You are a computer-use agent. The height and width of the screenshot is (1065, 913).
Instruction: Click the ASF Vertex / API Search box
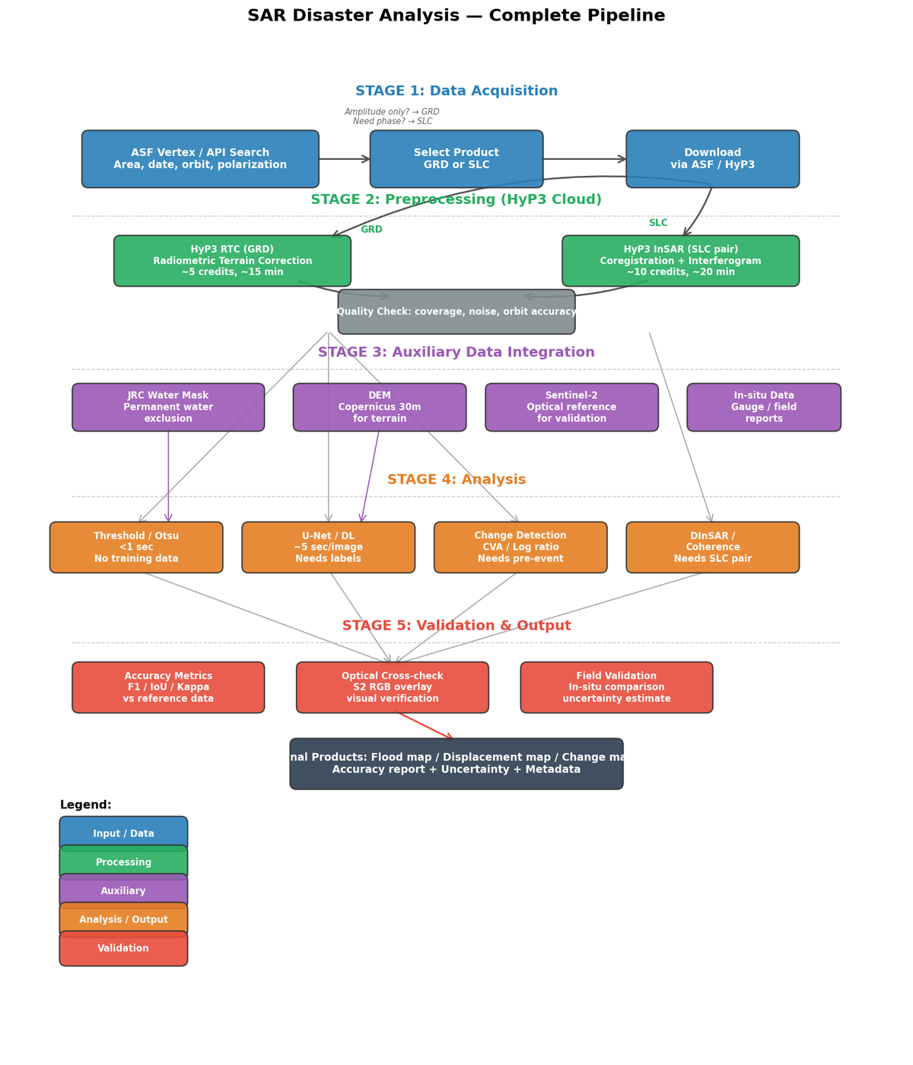(x=200, y=159)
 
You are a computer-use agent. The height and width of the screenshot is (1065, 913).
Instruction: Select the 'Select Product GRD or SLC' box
(x=456, y=159)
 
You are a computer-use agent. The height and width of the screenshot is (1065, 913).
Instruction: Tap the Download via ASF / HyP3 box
(x=712, y=159)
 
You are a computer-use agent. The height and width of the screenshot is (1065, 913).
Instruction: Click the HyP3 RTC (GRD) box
(x=232, y=261)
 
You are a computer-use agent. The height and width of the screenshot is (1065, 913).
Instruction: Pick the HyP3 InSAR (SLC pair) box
(x=680, y=261)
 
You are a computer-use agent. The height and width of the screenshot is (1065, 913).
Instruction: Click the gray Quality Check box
(x=456, y=312)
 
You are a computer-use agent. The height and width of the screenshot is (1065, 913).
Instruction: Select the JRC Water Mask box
(x=168, y=407)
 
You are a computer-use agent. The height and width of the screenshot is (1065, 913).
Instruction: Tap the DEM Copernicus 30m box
(x=380, y=407)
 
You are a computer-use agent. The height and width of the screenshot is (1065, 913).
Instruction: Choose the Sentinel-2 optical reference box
(x=571, y=407)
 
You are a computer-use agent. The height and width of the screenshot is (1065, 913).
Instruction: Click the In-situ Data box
(x=764, y=407)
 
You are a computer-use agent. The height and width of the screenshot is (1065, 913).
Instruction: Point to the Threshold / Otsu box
(x=136, y=547)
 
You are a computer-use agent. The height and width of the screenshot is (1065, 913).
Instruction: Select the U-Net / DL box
(x=328, y=547)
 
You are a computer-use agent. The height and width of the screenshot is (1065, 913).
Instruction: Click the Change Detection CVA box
(x=520, y=547)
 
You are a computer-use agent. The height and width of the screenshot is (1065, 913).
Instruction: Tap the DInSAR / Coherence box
(x=712, y=547)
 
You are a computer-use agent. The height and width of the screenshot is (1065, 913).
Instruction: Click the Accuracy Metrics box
(x=168, y=687)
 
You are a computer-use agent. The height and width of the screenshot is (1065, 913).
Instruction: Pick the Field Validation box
(x=616, y=687)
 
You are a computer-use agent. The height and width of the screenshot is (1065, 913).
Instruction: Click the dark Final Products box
(x=456, y=764)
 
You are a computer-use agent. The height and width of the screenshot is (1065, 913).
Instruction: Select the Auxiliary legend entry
(x=123, y=891)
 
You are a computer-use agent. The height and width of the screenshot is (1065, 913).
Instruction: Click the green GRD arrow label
(x=371, y=230)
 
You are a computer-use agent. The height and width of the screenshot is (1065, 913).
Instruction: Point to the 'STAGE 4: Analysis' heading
(x=456, y=480)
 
